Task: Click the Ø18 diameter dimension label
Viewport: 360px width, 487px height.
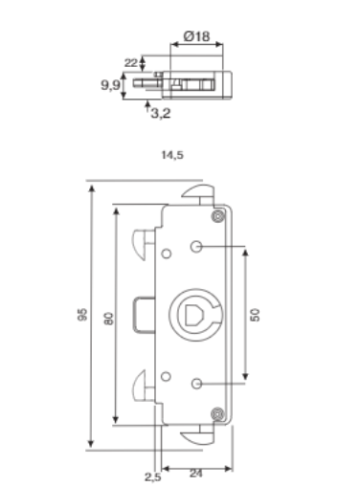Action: [x=197, y=36]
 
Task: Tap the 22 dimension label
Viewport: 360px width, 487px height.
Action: [x=131, y=63]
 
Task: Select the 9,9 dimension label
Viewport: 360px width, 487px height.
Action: [x=110, y=85]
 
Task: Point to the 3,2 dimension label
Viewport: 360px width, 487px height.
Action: [x=161, y=113]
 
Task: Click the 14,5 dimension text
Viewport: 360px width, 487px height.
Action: [x=172, y=155]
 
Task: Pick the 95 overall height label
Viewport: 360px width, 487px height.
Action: [x=82, y=315]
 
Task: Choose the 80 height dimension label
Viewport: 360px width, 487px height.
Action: [x=109, y=319]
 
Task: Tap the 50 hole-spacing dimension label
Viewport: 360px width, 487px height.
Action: [x=256, y=315]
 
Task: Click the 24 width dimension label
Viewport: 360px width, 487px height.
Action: [x=196, y=474]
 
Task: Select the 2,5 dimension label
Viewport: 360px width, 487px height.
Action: [x=153, y=477]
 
